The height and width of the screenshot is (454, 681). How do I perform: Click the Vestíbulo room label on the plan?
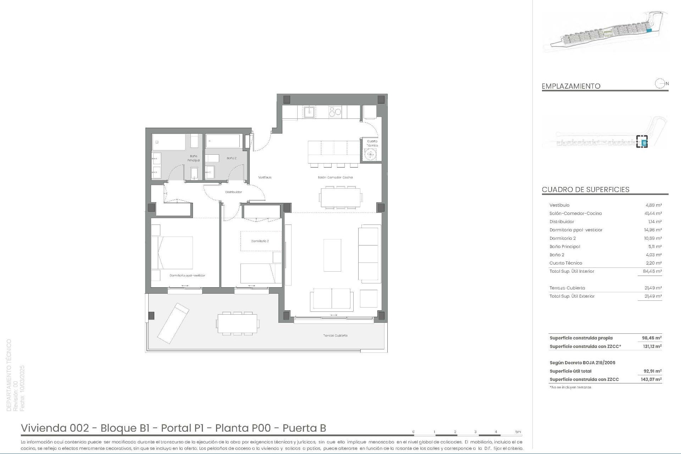[x=265, y=177]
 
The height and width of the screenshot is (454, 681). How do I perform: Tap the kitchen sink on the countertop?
[x=309, y=112]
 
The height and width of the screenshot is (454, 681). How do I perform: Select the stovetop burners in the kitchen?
[x=335, y=112]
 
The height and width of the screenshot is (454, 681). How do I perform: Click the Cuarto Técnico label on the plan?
[x=372, y=143]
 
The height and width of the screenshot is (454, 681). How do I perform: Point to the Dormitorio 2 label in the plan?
[x=260, y=241]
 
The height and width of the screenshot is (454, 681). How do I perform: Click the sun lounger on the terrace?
[x=173, y=323]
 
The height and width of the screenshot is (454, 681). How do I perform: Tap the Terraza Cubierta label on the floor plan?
[x=335, y=336]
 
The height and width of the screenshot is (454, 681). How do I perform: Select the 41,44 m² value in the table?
[x=653, y=214]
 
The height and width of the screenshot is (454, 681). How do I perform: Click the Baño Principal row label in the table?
[x=565, y=247]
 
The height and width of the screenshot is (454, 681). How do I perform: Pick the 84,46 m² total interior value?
[x=653, y=271]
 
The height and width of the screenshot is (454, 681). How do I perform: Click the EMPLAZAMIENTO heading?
[x=571, y=86]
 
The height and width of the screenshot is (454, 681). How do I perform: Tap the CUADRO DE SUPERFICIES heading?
[x=585, y=189]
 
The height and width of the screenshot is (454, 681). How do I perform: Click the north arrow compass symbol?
[x=660, y=84]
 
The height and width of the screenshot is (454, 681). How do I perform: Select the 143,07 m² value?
[x=652, y=380]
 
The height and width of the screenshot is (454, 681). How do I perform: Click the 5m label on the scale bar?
[x=518, y=432]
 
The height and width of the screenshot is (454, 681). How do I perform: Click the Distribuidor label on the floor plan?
[x=233, y=192]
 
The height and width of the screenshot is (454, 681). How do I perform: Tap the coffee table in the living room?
[x=332, y=255]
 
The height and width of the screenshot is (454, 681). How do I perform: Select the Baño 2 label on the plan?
[x=231, y=158]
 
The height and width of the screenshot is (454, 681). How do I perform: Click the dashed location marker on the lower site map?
[x=642, y=142]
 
